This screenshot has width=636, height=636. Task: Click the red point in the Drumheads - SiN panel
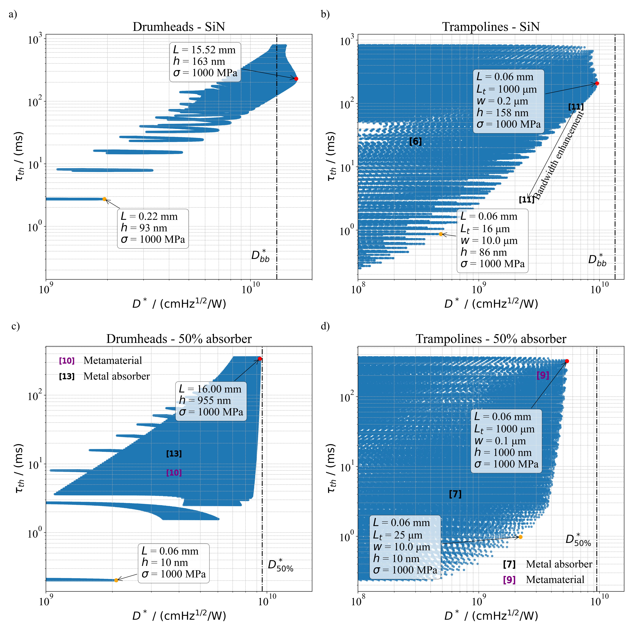(x=296, y=79)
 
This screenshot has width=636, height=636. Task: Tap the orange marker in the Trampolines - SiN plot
(x=441, y=234)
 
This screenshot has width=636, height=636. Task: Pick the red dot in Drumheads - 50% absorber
(x=260, y=359)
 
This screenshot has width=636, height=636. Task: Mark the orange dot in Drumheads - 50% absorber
(x=116, y=580)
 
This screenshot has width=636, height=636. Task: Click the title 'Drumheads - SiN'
(x=179, y=27)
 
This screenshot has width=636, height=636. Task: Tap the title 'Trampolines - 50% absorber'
(x=491, y=339)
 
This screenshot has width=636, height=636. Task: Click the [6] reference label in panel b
(x=415, y=142)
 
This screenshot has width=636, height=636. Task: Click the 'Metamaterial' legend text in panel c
(x=113, y=360)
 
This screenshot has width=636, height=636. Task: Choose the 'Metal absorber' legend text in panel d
(x=559, y=564)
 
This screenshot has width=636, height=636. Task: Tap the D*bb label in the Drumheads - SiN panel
(x=260, y=256)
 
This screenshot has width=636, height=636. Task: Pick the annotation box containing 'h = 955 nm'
(x=211, y=401)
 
